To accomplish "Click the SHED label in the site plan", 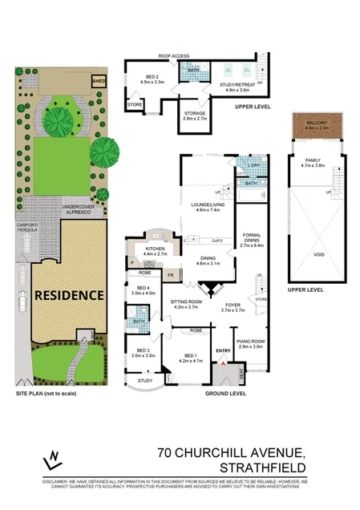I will pos(99,82).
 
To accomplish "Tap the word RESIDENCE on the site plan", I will pos(68,294).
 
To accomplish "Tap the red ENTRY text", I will pos(223,350).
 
